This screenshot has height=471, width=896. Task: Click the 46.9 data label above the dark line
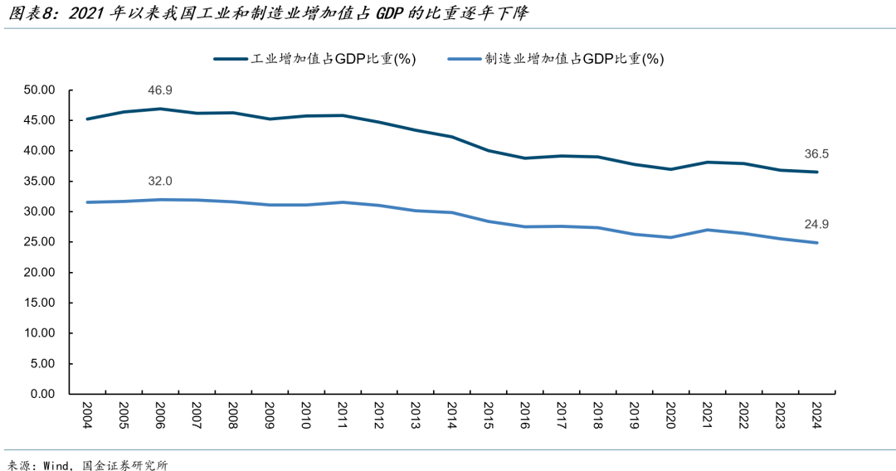coord(160,90)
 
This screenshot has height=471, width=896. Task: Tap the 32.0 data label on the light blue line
coord(160,181)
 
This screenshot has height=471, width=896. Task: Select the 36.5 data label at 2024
coord(817,153)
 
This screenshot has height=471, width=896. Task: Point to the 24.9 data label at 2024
coord(817,224)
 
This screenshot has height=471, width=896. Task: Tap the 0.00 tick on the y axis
coord(42,394)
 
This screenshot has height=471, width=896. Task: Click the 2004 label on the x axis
coord(87,415)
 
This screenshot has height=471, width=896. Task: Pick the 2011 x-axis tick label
coord(342,415)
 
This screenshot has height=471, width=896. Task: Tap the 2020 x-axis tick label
coord(670,415)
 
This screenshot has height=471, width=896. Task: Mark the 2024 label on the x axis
coord(816,415)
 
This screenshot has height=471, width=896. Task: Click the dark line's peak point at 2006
coord(160,109)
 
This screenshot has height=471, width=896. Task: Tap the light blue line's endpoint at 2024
coord(816,242)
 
